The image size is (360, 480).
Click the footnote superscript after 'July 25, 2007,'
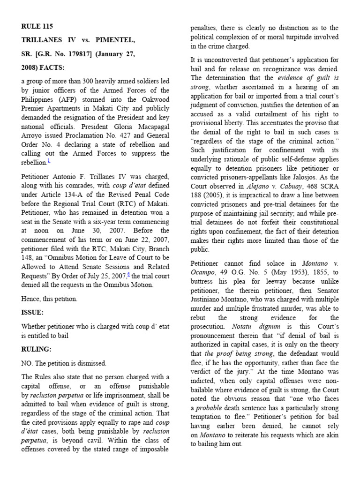pyautogui.click(x=120, y=274)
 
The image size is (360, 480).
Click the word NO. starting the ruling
pyautogui.click(x=27, y=363)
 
